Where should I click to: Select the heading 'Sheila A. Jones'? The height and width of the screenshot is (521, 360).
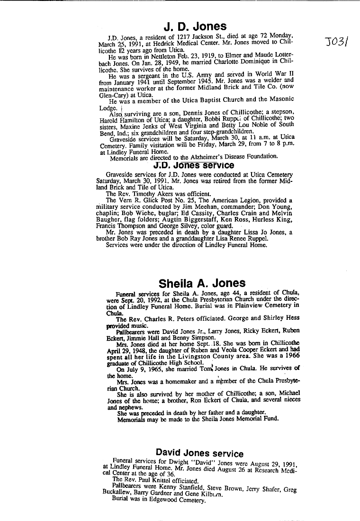point(202,284)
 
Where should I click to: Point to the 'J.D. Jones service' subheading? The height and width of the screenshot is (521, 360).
point(194,165)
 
